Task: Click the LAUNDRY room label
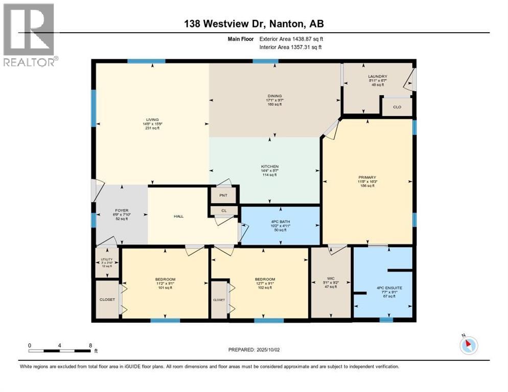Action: pos(377,77)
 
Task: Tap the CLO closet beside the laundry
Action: pos(397,107)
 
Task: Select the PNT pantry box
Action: pos(223,195)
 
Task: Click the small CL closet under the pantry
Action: pos(223,210)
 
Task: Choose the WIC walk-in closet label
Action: pos(331,279)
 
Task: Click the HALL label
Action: pos(178,216)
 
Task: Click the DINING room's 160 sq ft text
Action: pos(275,104)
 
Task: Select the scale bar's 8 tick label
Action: pos(90,345)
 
